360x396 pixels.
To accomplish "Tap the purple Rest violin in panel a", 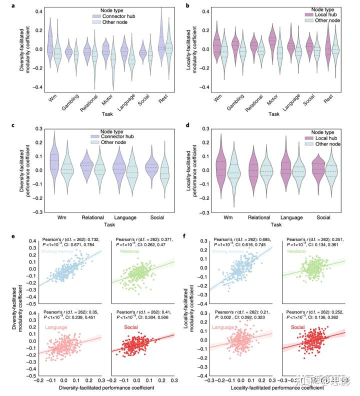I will point(161,45).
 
